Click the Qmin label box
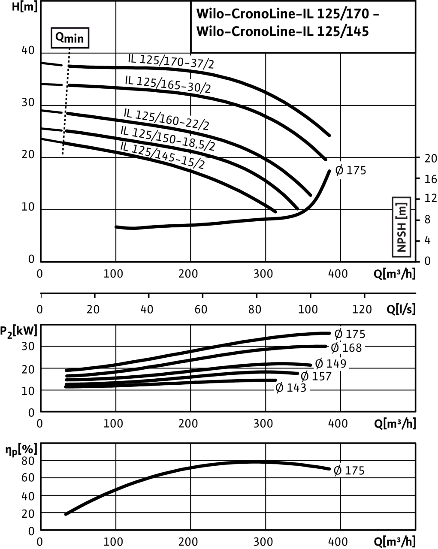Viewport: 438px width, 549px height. click(x=70, y=38)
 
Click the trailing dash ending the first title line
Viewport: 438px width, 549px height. click(x=376, y=15)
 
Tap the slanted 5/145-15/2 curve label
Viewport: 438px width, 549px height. click(x=174, y=159)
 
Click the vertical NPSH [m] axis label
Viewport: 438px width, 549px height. click(x=402, y=227)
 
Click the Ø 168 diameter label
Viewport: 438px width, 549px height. click(x=347, y=348)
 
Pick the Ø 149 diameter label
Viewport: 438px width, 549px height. click(x=331, y=364)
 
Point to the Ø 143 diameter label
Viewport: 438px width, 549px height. click(x=291, y=388)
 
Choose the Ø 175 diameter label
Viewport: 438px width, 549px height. click(x=350, y=471)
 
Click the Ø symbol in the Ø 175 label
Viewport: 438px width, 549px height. click(x=338, y=471)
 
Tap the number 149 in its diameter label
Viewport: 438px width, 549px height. click(x=336, y=364)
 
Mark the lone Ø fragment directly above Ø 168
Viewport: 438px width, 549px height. click(x=339, y=333)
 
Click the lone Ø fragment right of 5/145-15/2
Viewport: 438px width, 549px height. click(x=340, y=170)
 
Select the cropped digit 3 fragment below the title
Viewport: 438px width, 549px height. click(x=190, y=87)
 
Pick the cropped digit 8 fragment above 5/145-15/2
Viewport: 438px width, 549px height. click(x=191, y=142)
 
